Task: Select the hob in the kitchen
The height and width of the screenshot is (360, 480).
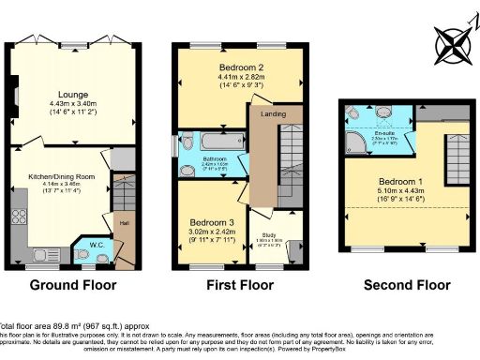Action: point(19,220)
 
